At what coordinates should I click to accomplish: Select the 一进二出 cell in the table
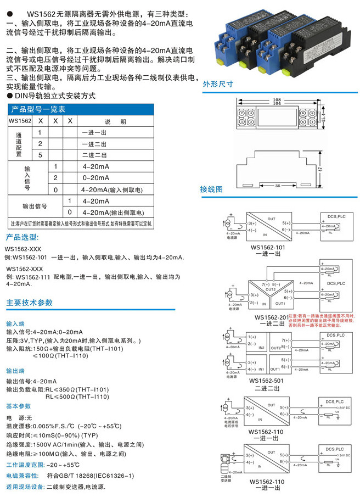[x=95, y=143]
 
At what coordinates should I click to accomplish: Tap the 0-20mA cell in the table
[x=96, y=178]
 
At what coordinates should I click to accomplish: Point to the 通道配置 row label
[x=19, y=144]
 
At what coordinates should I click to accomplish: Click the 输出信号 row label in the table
[x=34, y=206]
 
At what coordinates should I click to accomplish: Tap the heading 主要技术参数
[x=30, y=303]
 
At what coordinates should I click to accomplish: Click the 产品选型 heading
[x=22, y=237]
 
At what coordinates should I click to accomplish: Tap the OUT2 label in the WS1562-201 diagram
[x=271, y=289]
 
